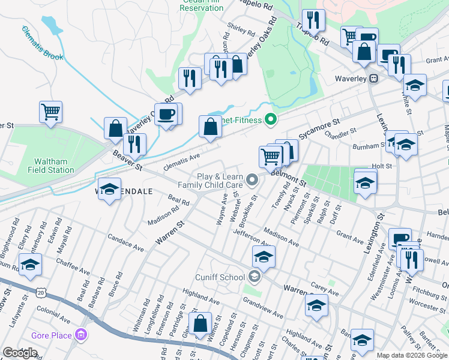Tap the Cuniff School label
(x=219, y=277)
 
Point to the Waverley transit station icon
(x=373, y=79)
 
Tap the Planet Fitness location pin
(x=270, y=120)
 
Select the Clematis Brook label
(x=43, y=43)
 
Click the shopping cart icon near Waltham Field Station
(x=51, y=111)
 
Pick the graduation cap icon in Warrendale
(x=109, y=190)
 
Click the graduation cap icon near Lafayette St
(x=30, y=265)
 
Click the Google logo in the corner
(x=19, y=353)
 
